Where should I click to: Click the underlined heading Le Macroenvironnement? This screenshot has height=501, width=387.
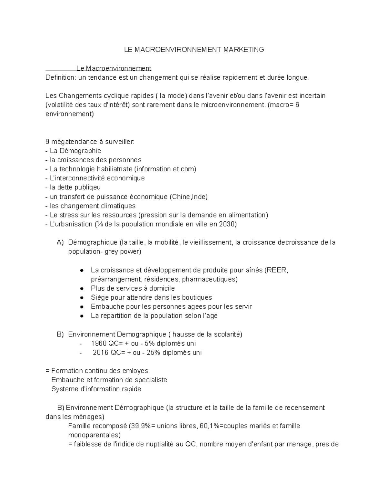tap(114, 68)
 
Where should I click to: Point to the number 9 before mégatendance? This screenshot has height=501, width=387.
tap(48, 142)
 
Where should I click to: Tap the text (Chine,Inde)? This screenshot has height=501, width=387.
tap(189, 197)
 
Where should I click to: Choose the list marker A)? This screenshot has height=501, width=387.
tap(60, 243)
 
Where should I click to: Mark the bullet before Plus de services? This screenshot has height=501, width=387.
tap(82, 288)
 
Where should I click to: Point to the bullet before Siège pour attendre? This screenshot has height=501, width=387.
tap(82, 297)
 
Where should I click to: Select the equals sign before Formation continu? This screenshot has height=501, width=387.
tap(48, 371)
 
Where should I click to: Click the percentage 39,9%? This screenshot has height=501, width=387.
tap(139, 426)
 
